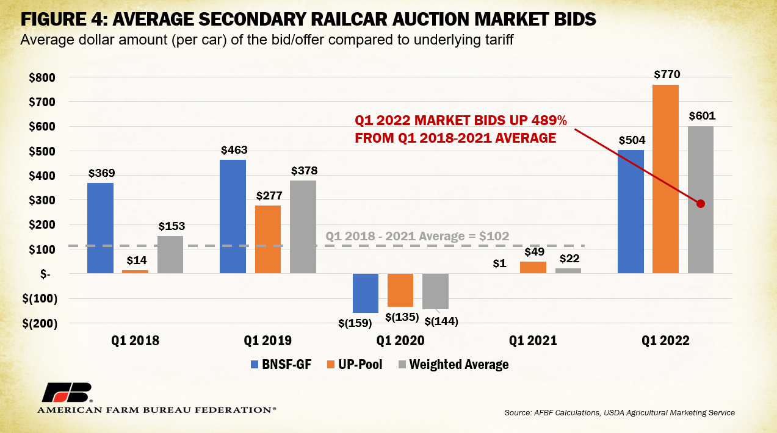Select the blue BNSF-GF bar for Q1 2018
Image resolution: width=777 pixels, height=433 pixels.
tap(100, 228)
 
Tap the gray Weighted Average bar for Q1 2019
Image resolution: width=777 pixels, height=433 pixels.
tap(303, 227)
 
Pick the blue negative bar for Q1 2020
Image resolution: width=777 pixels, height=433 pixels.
tap(365, 293)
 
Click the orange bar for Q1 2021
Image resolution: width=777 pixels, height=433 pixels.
tap(533, 267)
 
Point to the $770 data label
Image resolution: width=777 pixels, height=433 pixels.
tap(666, 75)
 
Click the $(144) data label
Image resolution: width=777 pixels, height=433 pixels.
tap(441, 321)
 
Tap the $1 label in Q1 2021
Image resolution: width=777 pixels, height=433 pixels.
tap(498, 263)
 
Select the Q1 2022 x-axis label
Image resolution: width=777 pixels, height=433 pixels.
tap(665, 341)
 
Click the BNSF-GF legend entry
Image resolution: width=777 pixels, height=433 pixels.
tap(281, 365)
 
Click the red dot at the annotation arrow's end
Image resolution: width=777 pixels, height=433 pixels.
tap(701, 204)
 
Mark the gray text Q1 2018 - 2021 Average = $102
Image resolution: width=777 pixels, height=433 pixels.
tap(417, 236)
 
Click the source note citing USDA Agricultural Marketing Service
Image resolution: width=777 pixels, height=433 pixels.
tap(620, 413)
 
